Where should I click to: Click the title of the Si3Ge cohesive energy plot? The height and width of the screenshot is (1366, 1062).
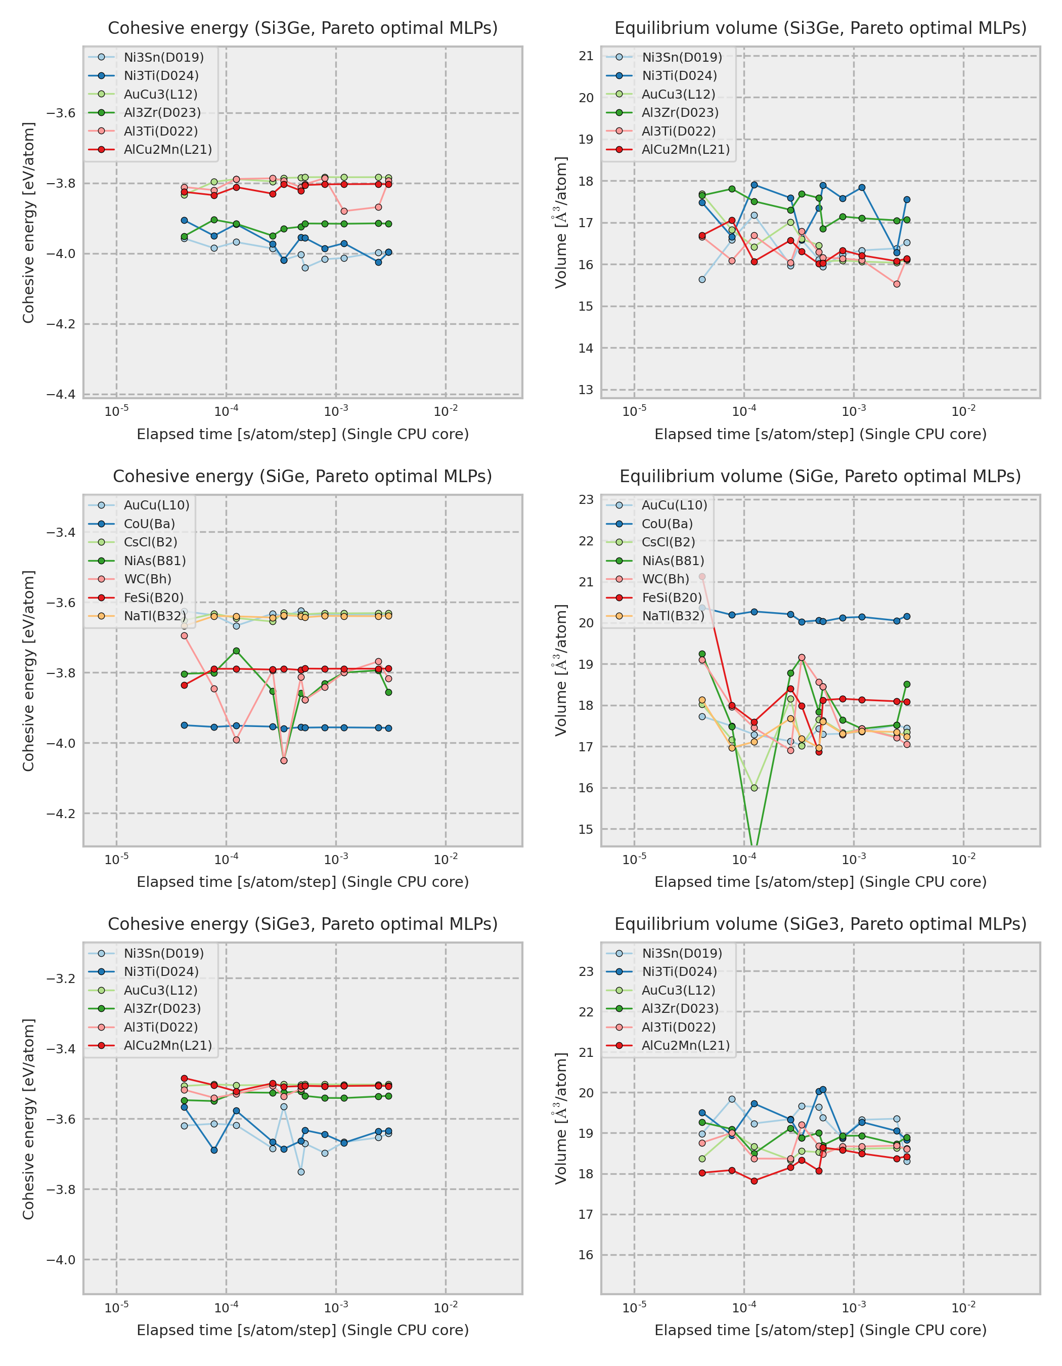click(x=302, y=28)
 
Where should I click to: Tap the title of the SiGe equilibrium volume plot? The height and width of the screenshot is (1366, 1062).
click(x=820, y=476)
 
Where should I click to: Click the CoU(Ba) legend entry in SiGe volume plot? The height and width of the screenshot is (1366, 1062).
click(x=667, y=524)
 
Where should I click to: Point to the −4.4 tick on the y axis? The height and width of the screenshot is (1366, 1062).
click(x=61, y=394)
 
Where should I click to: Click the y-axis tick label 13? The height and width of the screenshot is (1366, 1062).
click(x=586, y=390)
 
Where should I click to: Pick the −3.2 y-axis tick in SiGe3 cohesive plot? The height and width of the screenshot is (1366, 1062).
click(x=61, y=978)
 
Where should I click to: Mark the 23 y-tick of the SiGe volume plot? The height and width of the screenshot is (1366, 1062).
click(x=586, y=499)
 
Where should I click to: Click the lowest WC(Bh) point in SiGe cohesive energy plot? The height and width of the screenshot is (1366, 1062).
click(x=284, y=760)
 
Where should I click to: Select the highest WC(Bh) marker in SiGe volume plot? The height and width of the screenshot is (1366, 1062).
click(x=702, y=577)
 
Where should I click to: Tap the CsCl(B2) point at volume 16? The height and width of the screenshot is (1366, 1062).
click(x=754, y=788)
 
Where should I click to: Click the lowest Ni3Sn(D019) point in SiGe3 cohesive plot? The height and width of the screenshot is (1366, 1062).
click(x=301, y=1172)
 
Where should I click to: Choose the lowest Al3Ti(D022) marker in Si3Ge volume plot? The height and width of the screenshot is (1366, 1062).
click(x=897, y=284)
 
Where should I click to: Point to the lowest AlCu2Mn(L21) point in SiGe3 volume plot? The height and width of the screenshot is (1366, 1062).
click(x=754, y=1181)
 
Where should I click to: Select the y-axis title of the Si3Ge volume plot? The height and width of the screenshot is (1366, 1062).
click(x=561, y=222)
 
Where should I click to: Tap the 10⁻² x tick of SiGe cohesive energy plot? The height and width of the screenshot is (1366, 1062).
click(x=446, y=860)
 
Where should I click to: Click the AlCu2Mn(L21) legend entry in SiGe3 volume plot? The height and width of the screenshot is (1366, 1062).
click(x=685, y=1045)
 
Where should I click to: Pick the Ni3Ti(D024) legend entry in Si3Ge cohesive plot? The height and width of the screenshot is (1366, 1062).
click(x=161, y=76)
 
